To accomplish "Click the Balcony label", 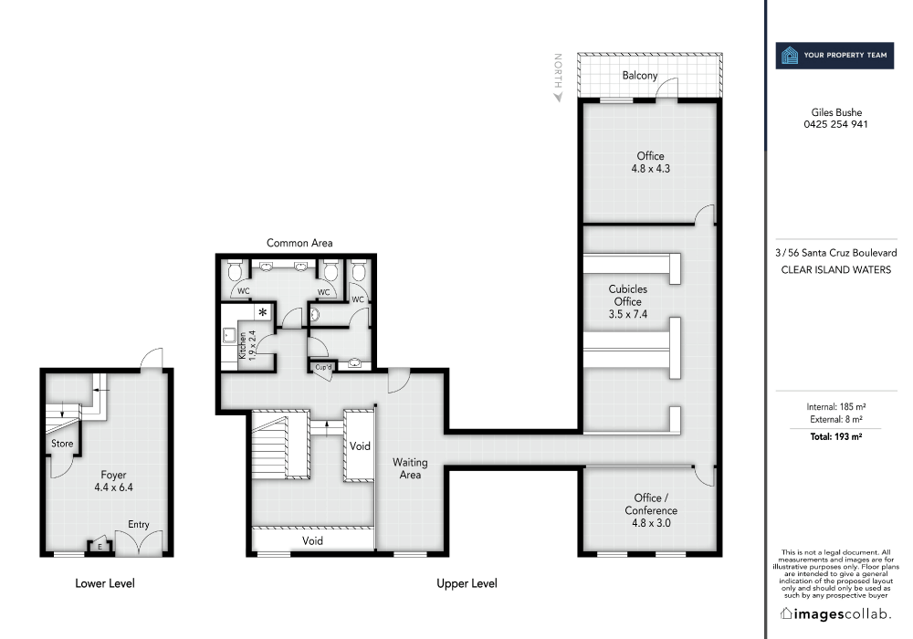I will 640,76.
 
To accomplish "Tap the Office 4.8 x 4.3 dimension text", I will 650,169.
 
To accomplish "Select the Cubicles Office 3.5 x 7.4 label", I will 627,301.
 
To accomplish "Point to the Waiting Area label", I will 410,468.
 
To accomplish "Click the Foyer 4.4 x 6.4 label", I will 114,481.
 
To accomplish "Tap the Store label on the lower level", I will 62,445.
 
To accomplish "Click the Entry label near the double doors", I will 138,525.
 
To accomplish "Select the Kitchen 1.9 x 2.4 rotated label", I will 243,347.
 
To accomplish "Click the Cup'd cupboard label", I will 323,367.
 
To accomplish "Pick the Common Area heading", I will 299,243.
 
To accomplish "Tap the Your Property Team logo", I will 831,56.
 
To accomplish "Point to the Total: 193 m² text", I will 835,437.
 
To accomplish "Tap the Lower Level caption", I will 104,583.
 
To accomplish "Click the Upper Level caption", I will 467,583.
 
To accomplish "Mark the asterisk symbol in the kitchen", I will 264,313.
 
